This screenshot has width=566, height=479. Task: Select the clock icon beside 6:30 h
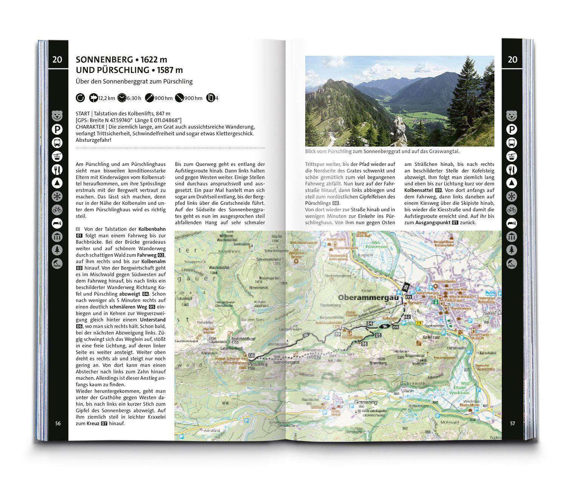(x=122, y=98)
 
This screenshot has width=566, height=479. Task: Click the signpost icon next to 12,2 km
(x=93, y=98)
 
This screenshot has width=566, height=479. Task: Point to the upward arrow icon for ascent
(x=149, y=98)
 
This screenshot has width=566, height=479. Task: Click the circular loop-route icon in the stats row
(x=80, y=98)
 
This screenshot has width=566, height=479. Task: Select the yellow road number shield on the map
(x=418, y=323)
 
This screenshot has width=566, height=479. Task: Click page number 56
(x=58, y=424)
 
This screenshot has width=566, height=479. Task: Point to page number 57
(x=512, y=424)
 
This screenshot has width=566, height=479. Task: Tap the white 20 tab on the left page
(x=58, y=59)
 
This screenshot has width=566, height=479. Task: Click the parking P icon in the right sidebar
(x=512, y=130)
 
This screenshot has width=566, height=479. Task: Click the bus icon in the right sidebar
(x=512, y=143)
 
